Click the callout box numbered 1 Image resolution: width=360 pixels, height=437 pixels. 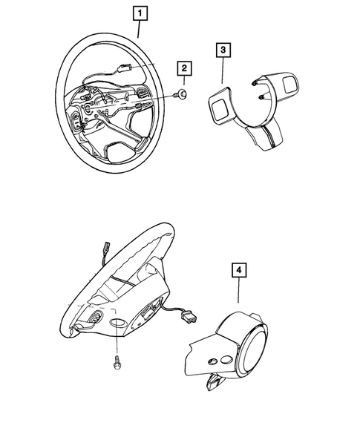[x=138, y=12]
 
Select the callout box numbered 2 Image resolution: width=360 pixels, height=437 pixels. [x=183, y=69]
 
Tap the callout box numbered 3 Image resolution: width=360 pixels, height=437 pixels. [x=223, y=50]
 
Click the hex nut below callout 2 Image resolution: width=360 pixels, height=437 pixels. [x=182, y=93]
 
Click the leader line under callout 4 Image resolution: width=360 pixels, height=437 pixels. [x=237, y=291]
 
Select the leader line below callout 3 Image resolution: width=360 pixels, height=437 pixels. [x=223, y=70]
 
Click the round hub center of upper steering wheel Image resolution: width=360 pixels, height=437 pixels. [x=93, y=111]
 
